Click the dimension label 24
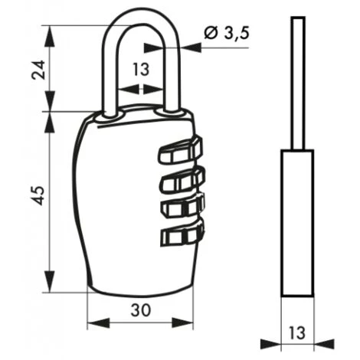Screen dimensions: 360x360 coord(38,70)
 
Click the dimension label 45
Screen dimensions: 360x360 coord(39,195)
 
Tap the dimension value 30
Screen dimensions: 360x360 coord(141,310)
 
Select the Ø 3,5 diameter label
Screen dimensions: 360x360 coord(226,33)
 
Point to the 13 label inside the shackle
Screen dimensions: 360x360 coord(141,70)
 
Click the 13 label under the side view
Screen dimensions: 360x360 coord(297,332)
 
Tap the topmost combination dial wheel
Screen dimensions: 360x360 coord(181,150)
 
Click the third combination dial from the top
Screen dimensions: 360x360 coord(183,205)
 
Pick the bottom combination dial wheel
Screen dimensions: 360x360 coord(182,232)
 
